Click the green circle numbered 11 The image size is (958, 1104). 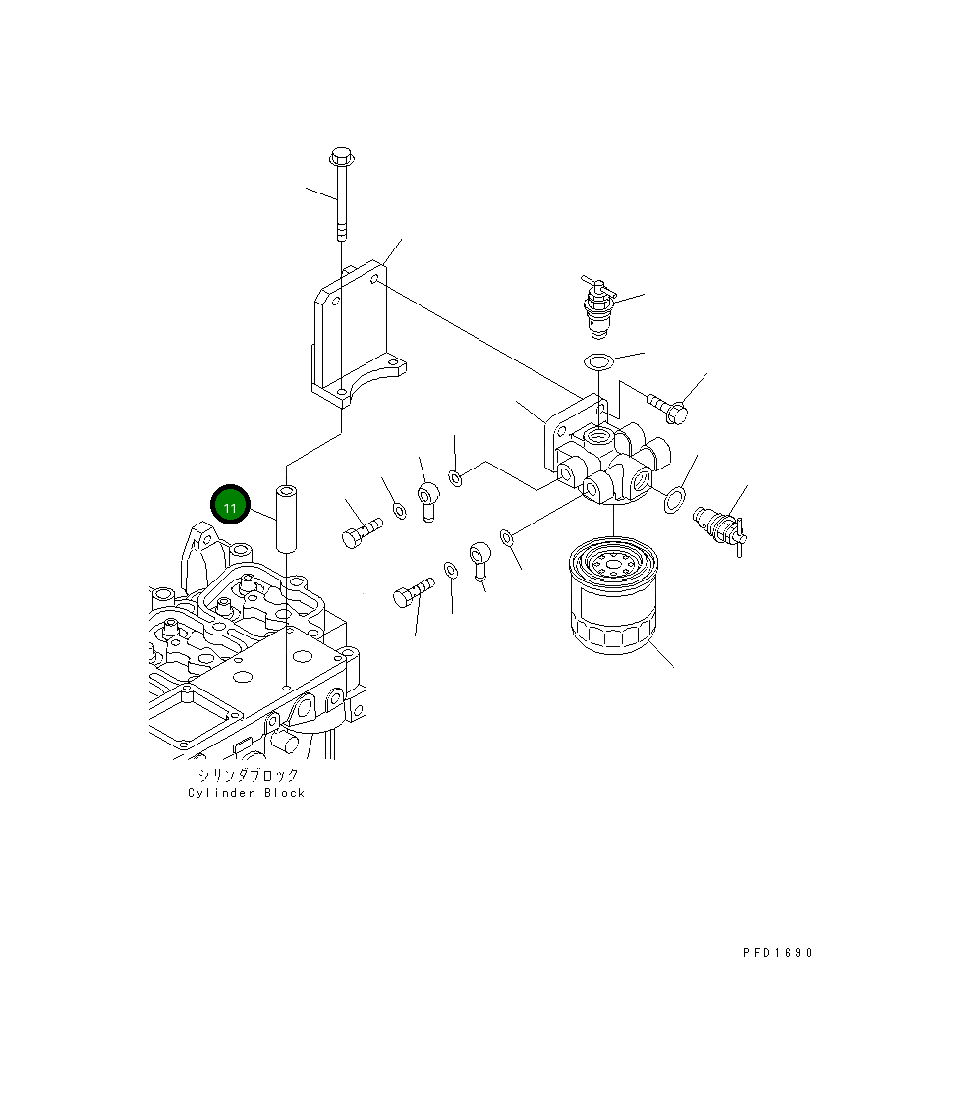(230, 505)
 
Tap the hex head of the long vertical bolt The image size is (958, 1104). (342, 155)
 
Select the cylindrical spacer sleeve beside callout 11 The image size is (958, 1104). (286, 519)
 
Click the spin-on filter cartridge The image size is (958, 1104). (613, 595)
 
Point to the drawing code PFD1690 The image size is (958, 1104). (777, 953)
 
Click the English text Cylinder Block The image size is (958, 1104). (246, 793)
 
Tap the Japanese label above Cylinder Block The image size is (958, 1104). (248, 775)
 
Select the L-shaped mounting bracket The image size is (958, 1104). (359, 334)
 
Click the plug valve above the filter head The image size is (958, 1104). (598, 306)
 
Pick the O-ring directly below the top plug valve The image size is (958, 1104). (598, 361)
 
